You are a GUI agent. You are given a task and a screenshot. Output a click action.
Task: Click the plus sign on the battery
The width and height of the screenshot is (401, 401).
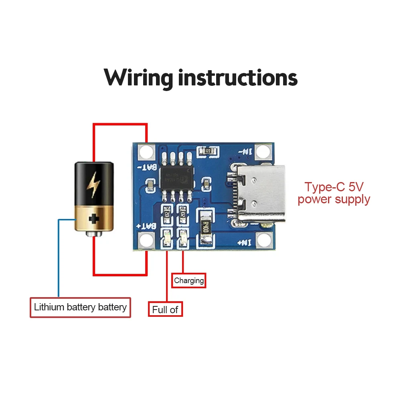(94, 219)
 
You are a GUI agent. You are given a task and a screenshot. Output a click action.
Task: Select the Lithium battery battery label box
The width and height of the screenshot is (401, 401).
(80, 308)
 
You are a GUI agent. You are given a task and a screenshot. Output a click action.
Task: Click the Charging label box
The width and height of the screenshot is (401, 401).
(189, 280)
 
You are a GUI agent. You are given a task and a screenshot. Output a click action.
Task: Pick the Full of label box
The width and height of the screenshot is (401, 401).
(165, 309)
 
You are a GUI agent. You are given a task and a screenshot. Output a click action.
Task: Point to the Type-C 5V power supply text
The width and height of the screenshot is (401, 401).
(334, 193)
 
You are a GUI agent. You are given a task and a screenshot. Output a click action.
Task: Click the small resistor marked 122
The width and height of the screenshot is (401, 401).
(208, 151)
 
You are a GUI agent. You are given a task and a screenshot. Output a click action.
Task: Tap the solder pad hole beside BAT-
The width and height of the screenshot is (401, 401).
(147, 152)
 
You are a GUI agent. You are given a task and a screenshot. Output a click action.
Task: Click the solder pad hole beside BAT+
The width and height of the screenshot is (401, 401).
(147, 241)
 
